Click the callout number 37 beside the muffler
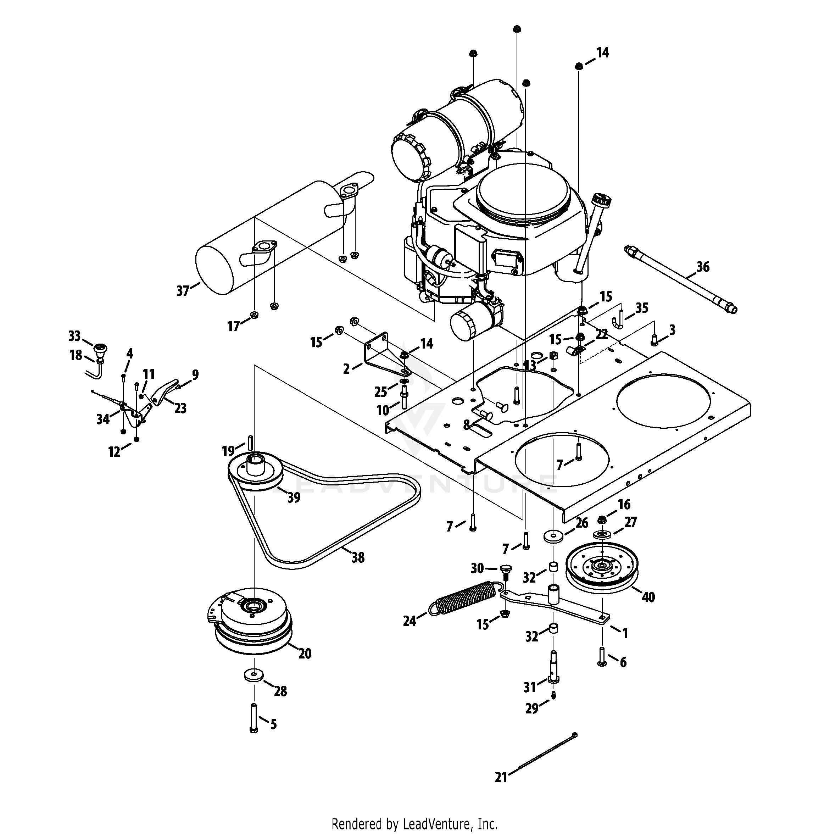click(x=183, y=291)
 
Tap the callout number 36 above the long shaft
click(x=703, y=267)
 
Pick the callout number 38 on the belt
click(x=358, y=558)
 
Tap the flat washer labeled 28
click(x=254, y=674)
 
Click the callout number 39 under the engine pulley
click(x=294, y=498)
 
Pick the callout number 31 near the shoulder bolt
click(x=530, y=686)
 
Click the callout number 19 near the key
click(x=228, y=451)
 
